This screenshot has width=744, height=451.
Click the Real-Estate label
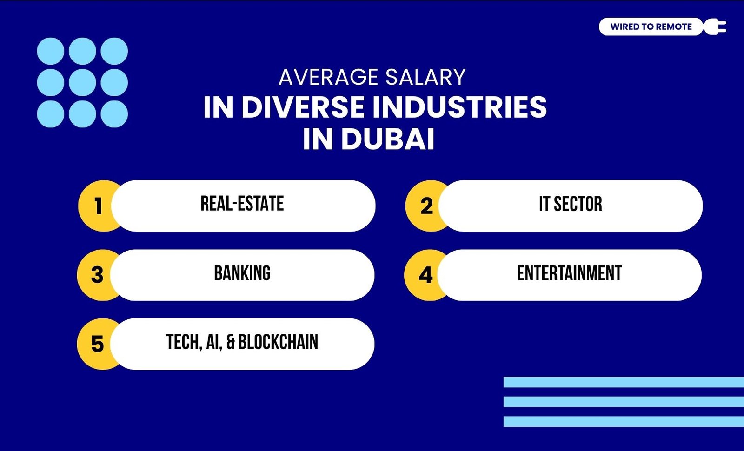pos(242,204)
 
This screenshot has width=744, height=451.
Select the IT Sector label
pos(570,204)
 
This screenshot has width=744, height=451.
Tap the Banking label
pos(242,273)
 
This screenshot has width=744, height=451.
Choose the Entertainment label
pos(569,273)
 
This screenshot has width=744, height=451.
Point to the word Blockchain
pos(278,342)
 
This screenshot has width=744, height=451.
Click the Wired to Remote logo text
pos(651,27)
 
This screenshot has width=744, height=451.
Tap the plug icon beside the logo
pos(716,27)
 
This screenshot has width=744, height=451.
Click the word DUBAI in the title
pos(388,139)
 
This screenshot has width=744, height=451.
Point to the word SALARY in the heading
pos(425,77)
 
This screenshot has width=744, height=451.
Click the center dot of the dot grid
pos(82,82)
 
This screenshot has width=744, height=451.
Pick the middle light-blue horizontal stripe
pos(624,402)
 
